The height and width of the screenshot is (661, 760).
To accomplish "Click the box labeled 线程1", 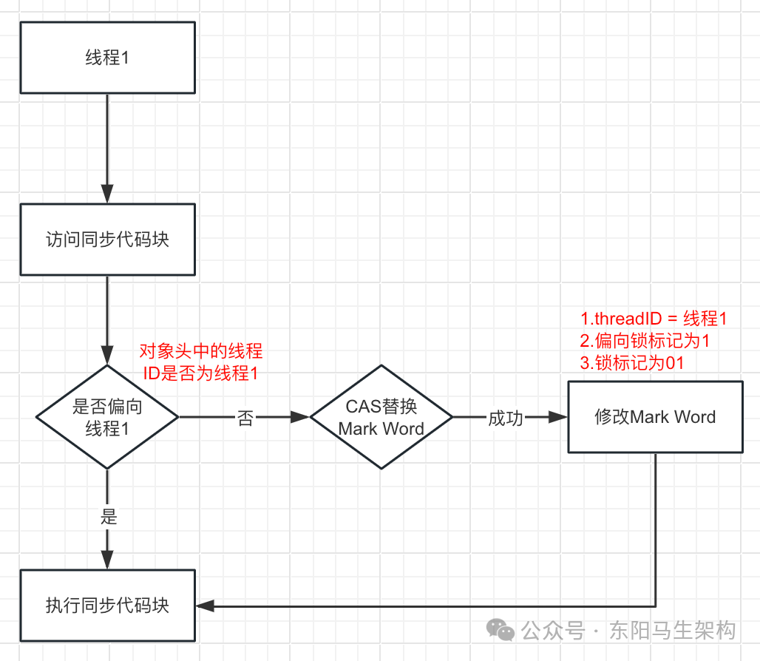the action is pos(108,58).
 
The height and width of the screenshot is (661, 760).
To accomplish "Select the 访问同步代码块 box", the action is pos(108,240).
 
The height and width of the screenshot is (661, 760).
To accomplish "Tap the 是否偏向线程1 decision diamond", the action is pos(108,417).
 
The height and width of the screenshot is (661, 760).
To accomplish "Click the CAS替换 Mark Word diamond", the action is pos(381,417).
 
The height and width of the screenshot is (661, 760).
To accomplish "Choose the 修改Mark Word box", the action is pos(655,417).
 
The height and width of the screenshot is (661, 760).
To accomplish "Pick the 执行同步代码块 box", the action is pos(108,606).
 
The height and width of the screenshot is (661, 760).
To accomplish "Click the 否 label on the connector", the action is pos(245,418).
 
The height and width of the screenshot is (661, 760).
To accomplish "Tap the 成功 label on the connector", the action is pos(506,418).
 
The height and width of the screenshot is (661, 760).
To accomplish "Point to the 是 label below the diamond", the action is pos(109,517).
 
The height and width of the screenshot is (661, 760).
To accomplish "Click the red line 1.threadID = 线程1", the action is pos(654,319).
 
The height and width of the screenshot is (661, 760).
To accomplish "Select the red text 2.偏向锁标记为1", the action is pos(645,341).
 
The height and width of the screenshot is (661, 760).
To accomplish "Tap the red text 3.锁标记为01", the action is pos(632,362).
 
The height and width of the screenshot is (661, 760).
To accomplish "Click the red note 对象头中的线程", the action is pos(200,351).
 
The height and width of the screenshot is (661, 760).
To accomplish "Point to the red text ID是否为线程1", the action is pos(200,373).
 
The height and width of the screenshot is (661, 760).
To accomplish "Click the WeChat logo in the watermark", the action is pos(501,629).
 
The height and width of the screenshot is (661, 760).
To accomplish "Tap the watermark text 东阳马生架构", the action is pos(673,630).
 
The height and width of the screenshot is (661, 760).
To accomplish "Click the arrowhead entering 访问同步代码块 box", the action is pos(108,194).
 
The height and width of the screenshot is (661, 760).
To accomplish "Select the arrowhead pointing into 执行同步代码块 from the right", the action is pos(206,606).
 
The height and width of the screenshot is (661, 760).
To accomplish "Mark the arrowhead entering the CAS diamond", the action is pos(300,417).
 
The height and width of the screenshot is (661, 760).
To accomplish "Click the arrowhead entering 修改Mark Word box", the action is pos(558,417).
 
